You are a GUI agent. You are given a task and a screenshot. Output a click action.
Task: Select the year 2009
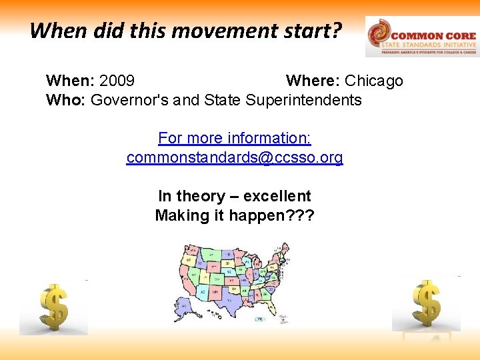(117, 81)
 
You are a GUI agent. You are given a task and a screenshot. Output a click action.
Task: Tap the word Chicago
(374, 81)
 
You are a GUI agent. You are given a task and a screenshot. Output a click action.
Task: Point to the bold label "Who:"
(66, 101)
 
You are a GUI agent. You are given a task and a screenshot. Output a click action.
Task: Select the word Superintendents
(303, 101)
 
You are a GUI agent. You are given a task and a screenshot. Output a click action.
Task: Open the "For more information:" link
(235, 139)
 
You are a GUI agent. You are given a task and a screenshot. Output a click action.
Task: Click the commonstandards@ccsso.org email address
(235, 158)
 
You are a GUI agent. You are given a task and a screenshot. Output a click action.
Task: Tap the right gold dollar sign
(426, 303)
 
